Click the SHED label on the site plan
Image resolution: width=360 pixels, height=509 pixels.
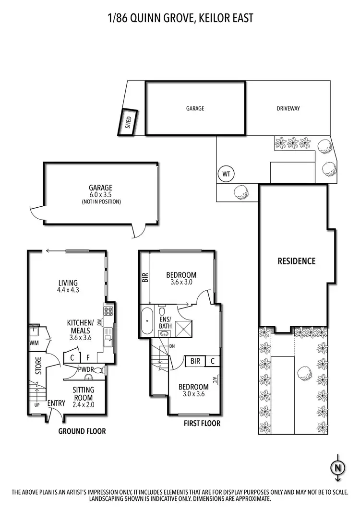(128, 123)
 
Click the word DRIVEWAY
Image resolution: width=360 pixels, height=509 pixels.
(288, 108)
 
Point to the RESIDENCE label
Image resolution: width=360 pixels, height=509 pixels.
(297, 261)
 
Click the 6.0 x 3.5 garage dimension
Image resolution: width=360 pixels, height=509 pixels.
(100, 195)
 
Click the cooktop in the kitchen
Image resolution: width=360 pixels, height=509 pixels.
(108, 310)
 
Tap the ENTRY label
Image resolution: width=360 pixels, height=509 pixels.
(56, 403)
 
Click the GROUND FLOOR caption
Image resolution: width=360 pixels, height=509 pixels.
(82, 431)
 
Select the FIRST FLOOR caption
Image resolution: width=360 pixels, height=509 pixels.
(202, 423)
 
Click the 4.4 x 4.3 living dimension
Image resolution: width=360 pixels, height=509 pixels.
(68, 290)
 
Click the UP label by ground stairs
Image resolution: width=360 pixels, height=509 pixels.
(36, 405)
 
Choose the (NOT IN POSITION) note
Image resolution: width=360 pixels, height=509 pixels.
(100, 202)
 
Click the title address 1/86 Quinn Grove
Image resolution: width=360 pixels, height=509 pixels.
(180, 18)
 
